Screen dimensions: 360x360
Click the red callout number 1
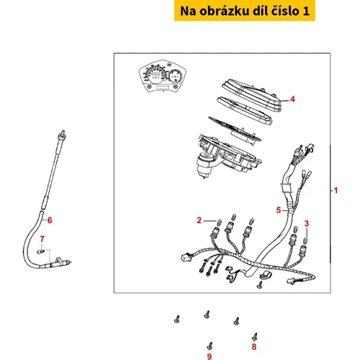coord(336,190)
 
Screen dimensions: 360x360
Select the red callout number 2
coord(199,220)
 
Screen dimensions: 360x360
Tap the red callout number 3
coord(307,223)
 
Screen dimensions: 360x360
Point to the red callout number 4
coord(292,99)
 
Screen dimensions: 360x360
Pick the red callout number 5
coord(279,210)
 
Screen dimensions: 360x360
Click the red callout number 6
coord(50,220)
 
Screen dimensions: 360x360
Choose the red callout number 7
coord(42,239)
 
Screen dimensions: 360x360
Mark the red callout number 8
coord(254,347)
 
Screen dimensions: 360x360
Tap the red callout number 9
coord(210,356)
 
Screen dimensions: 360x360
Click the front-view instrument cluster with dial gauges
coord(163,77)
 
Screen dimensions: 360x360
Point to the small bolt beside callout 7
coord(40,252)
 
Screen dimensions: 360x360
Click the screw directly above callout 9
coord(210,346)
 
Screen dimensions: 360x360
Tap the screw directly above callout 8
coord(255,337)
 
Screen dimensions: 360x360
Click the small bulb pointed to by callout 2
coord(219,222)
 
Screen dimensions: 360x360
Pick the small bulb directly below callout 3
coord(305,240)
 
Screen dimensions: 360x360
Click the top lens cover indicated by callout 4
coord(252,95)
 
